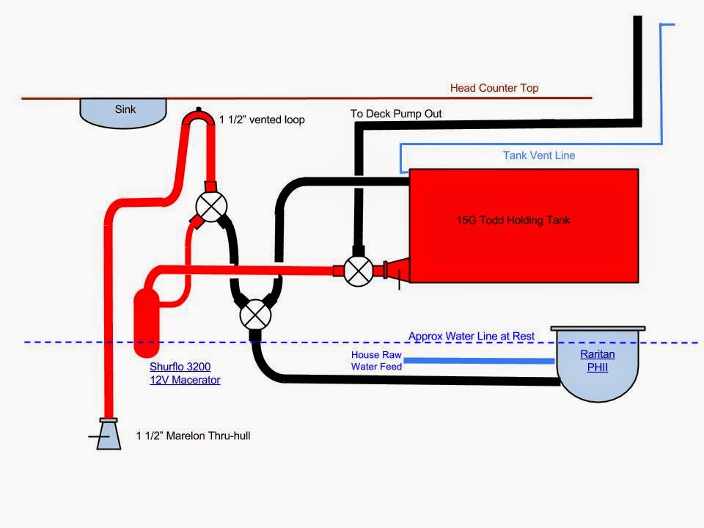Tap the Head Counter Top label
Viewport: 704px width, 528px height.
[x=494, y=88]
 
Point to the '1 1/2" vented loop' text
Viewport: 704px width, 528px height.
[x=262, y=119]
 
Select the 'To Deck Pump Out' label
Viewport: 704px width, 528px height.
[x=396, y=114]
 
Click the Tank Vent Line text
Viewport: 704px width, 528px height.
[x=539, y=155]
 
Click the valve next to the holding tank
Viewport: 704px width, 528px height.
[x=359, y=271]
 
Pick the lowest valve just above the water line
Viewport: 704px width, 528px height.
[x=254, y=315]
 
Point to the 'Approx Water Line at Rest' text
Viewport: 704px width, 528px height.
[x=471, y=337]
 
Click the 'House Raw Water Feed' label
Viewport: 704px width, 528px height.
[x=376, y=360]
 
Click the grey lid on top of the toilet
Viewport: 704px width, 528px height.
[x=598, y=329]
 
